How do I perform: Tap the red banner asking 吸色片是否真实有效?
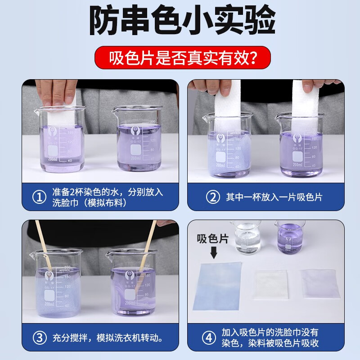coord(180,58)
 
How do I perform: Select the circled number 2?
coord(210,197)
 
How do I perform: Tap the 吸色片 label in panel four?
coord(213,239)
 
